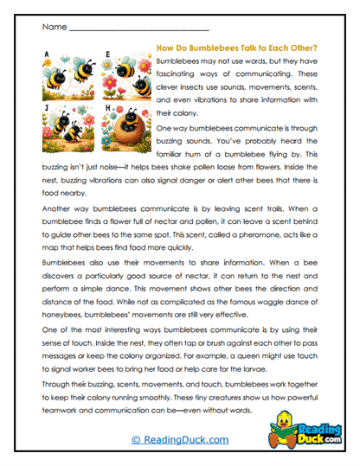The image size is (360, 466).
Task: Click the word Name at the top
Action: [53, 28]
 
